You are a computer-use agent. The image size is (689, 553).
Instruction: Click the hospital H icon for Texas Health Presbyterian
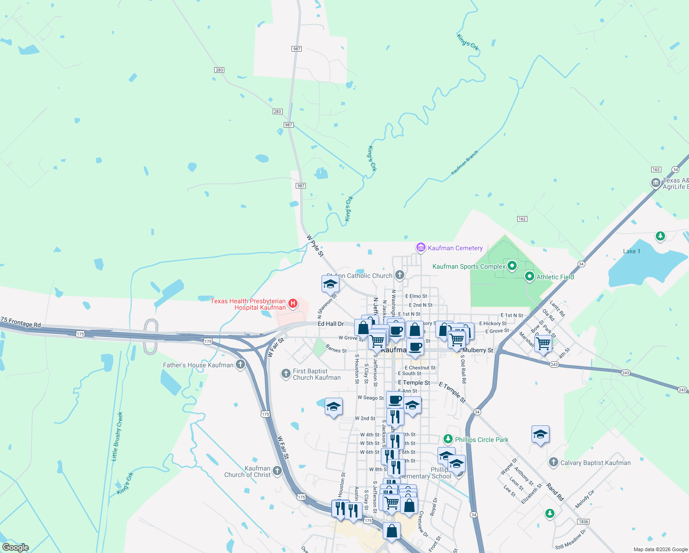[x=292, y=304]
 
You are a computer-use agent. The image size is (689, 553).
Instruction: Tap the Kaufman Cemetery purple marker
[x=420, y=247]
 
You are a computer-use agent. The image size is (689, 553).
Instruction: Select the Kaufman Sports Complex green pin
[x=512, y=266]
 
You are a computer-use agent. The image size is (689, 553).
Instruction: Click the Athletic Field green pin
[x=529, y=276]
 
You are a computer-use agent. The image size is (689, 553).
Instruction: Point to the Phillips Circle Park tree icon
[x=448, y=439]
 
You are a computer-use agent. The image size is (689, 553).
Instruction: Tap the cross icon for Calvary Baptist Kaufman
[x=554, y=462]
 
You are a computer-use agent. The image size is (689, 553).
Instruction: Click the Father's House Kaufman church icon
[x=240, y=365]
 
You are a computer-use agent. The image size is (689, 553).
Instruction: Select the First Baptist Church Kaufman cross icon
[x=286, y=374]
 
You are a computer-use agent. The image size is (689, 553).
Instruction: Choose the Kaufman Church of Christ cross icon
[x=277, y=471]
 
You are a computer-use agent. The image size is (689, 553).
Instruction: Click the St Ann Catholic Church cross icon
[x=400, y=275]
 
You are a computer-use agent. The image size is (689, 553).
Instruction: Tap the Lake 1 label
[x=631, y=251]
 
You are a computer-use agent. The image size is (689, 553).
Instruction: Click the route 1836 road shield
[x=583, y=521]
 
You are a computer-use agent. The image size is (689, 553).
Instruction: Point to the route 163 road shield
[x=656, y=170]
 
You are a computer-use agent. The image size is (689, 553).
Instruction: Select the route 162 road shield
[x=522, y=218]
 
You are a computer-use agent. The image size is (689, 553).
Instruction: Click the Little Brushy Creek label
[x=117, y=436]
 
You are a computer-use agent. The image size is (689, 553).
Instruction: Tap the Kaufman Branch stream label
[x=464, y=163]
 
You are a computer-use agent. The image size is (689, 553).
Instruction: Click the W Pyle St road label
[x=315, y=246]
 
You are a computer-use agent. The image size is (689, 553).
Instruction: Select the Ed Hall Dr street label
[x=331, y=324]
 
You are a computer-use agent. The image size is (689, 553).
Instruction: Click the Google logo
[x=16, y=547]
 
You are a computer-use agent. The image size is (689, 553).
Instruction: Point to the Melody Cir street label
[x=585, y=499]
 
